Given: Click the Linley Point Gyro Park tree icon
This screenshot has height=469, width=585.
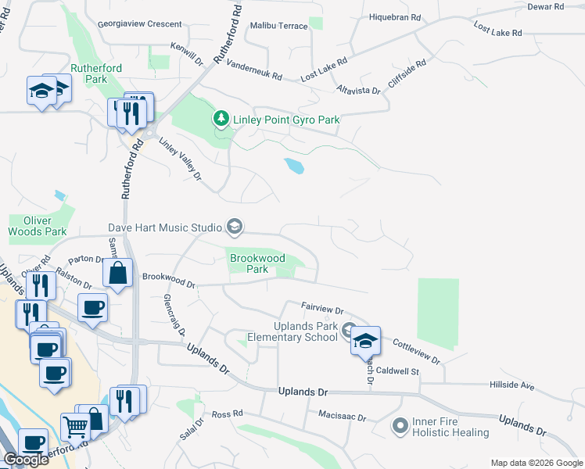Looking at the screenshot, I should coord(222,120).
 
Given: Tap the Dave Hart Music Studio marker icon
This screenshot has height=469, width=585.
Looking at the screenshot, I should coord(233,227).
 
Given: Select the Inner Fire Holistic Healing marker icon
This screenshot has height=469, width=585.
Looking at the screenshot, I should coord(400,426).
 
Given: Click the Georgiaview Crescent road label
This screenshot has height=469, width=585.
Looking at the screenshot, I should coord(140,24).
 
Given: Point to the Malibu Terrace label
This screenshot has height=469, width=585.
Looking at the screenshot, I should coord(279,26).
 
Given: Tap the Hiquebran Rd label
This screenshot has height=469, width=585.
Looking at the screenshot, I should coord(394,16).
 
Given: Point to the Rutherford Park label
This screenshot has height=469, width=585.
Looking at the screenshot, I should coord(95,74).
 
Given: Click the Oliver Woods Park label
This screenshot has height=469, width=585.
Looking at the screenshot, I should coord(38,226).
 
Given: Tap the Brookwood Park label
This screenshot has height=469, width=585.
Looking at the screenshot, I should coord(256,263).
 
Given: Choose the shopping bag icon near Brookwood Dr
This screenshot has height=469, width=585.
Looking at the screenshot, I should coord(117,274).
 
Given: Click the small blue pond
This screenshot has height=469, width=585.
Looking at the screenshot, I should coord(294,166).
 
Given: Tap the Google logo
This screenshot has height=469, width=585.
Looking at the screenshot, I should coord(26,460).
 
